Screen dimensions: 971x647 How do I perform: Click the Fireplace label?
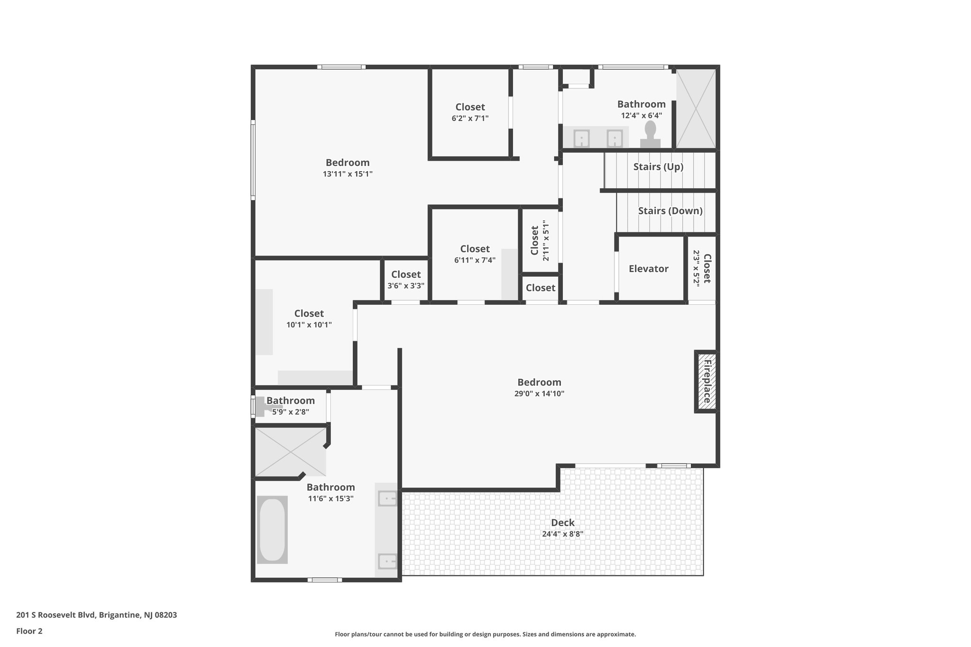[707, 382]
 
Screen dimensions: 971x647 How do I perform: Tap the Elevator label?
[649, 269]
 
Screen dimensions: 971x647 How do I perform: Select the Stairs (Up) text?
[658, 167]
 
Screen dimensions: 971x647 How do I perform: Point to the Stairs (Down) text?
[670, 211]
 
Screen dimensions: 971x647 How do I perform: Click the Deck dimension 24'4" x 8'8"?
[563, 534]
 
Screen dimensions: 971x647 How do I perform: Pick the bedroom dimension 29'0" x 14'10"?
[540, 393]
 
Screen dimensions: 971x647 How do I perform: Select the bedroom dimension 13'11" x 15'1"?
[348, 174]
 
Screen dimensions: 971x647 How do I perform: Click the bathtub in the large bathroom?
[273, 529]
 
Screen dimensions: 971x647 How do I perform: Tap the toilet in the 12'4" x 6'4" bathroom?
[650, 135]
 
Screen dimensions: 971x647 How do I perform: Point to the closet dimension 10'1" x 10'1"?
[309, 325]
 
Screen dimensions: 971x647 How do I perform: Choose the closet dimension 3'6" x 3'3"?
[406, 286]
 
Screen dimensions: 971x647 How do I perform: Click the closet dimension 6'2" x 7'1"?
[470, 118]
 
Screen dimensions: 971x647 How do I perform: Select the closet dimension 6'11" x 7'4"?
[475, 260]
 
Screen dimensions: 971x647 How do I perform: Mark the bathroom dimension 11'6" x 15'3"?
[331, 499]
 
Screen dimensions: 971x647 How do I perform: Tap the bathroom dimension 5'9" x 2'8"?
[291, 412]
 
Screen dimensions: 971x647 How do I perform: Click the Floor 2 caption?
[29, 631]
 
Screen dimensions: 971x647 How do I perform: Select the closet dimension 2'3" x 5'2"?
[696, 268]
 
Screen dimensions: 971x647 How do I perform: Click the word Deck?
[563, 522]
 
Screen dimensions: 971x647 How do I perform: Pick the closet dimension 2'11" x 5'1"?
[546, 240]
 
